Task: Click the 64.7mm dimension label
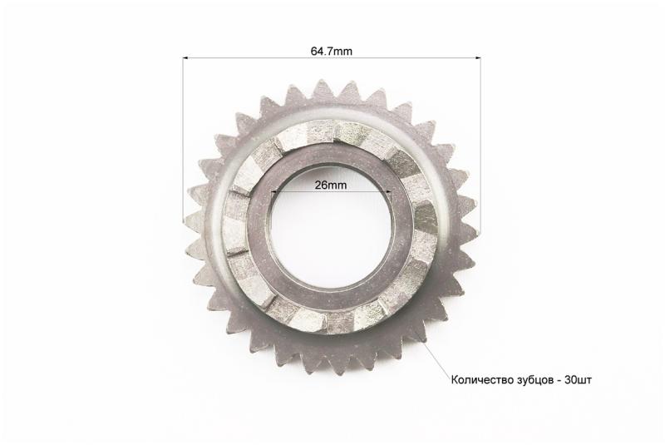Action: pyautogui.click(x=331, y=52)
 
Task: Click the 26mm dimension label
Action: pyautogui.click(x=330, y=185)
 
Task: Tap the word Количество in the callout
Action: pyautogui.click(x=480, y=379)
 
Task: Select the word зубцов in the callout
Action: pyautogui.click(x=532, y=379)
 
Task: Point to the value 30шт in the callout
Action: pyautogui.click(x=578, y=379)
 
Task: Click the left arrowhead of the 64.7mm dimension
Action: pyautogui.click(x=185, y=57)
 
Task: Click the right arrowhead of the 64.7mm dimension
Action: pyautogui.click(x=478, y=57)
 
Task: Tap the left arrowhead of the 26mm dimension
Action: pyautogui.click(x=273, y=191)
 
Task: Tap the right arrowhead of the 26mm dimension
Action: pyautogui.click(x=388, y=191)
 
